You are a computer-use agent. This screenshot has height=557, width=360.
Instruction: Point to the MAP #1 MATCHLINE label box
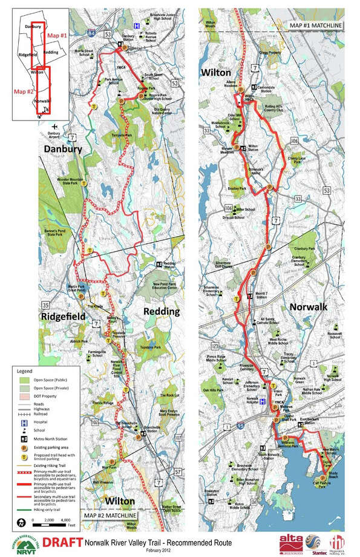(315, 25)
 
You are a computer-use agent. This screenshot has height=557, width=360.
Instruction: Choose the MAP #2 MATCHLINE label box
(110, 515)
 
